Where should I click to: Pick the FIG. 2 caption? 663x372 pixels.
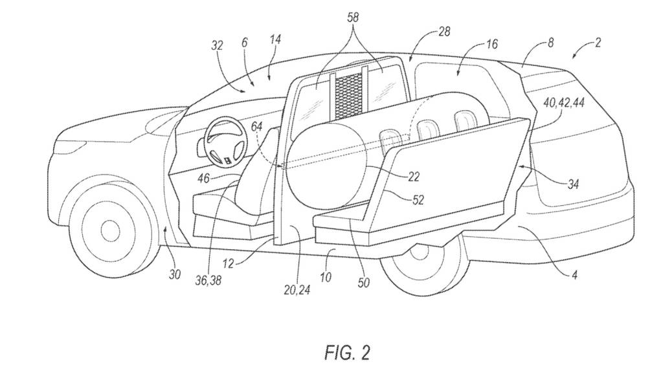click(x=348, y=352)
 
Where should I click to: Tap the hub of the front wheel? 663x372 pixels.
click(x=108, y=228)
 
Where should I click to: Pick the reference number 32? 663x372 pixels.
click(x=217, y=46)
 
